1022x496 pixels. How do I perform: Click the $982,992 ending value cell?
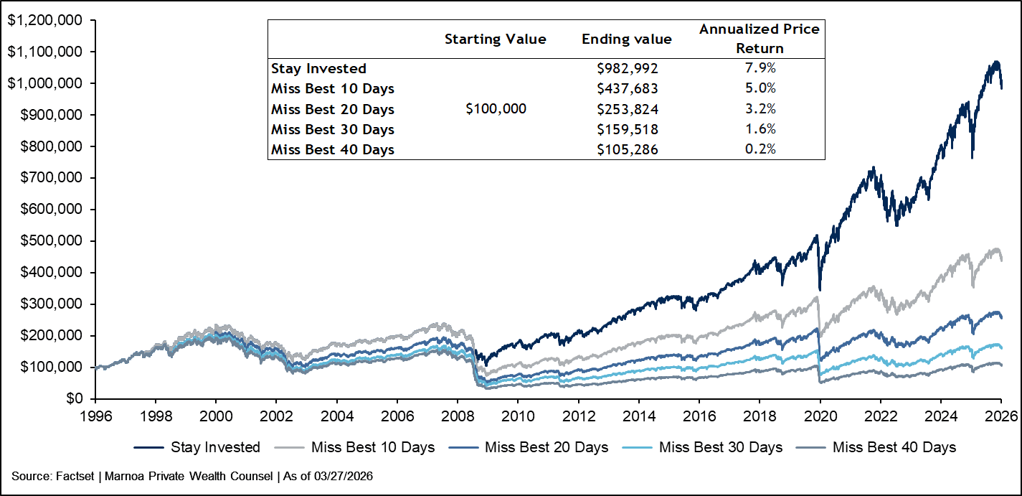pos(628,68)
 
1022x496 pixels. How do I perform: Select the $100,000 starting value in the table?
pos(496,108)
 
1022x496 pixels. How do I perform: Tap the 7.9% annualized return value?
pos(760,68)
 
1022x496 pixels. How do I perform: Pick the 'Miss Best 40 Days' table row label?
pos(333,150)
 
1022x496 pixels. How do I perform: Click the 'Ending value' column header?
pos(626,39)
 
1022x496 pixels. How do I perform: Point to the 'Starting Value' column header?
pos(496,39)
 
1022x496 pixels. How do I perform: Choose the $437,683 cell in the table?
pos(628,88)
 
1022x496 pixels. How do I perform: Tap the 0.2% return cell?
pos(760,149)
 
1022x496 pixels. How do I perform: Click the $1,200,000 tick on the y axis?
pos(44,20)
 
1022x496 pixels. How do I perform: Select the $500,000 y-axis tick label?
pos(51,240)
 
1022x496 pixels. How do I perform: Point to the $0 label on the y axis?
pos(75,398)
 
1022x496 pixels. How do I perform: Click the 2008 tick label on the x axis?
pos(457,416)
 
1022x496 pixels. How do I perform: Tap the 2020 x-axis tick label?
pos(820,416)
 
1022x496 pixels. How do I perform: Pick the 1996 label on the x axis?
pos(95,416)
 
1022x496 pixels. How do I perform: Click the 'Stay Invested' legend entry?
pos(197,447)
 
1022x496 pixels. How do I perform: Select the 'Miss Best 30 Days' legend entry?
pos(702,447)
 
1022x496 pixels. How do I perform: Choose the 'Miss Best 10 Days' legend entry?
pos(354,447)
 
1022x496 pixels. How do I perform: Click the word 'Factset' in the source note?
pos(75,477)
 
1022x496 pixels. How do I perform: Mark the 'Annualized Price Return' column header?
pos(760,38)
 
